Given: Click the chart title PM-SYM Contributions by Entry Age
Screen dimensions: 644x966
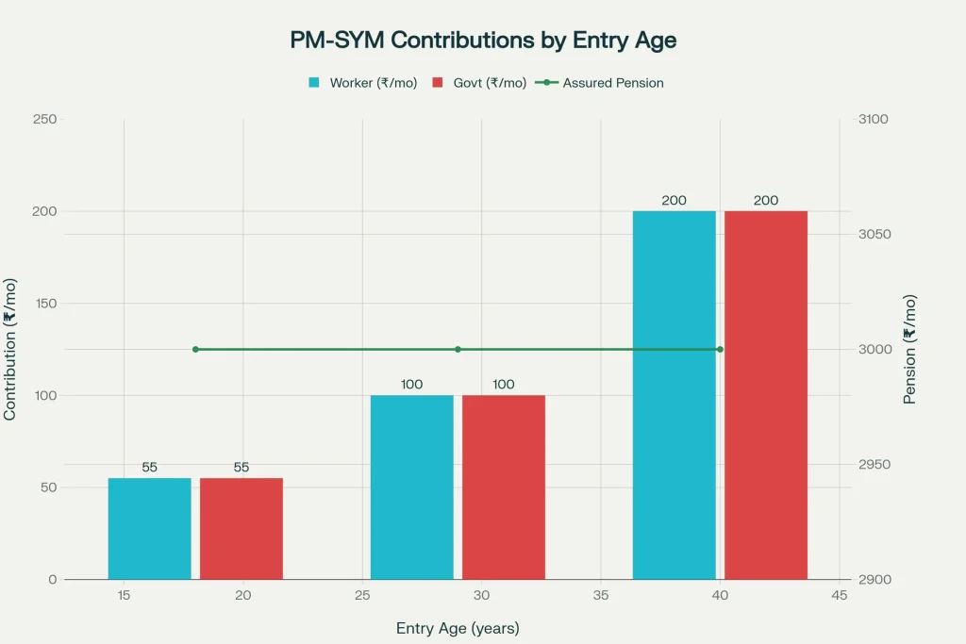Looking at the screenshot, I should point(483,41).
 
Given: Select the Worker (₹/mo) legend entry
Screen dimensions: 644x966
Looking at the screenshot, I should point(362,83).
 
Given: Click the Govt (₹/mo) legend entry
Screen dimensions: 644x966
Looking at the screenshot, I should point(478,83).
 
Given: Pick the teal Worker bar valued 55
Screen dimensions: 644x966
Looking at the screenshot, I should point(149,528).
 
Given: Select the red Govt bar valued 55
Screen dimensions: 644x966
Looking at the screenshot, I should point(241,528).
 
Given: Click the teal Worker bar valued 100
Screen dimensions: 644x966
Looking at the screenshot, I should point(411,487).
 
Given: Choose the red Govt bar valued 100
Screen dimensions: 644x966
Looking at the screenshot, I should point(504,487).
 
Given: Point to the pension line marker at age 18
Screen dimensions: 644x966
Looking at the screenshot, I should point(195,349).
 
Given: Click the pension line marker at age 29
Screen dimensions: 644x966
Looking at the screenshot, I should point(458,349).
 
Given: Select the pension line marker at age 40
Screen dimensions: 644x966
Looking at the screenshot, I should point(720,349).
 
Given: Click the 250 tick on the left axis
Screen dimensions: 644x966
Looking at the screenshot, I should point(44,119).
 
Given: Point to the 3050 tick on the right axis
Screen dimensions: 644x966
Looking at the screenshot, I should point(874,234).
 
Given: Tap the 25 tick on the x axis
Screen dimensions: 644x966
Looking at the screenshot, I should point(361,595).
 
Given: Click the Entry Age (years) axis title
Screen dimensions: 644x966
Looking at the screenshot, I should point(458,628).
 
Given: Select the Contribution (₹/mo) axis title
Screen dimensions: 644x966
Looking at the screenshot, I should point(10,349).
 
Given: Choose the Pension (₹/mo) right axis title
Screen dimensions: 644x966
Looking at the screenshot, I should point(910,349).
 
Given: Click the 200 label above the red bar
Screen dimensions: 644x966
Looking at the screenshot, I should point(766,200).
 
